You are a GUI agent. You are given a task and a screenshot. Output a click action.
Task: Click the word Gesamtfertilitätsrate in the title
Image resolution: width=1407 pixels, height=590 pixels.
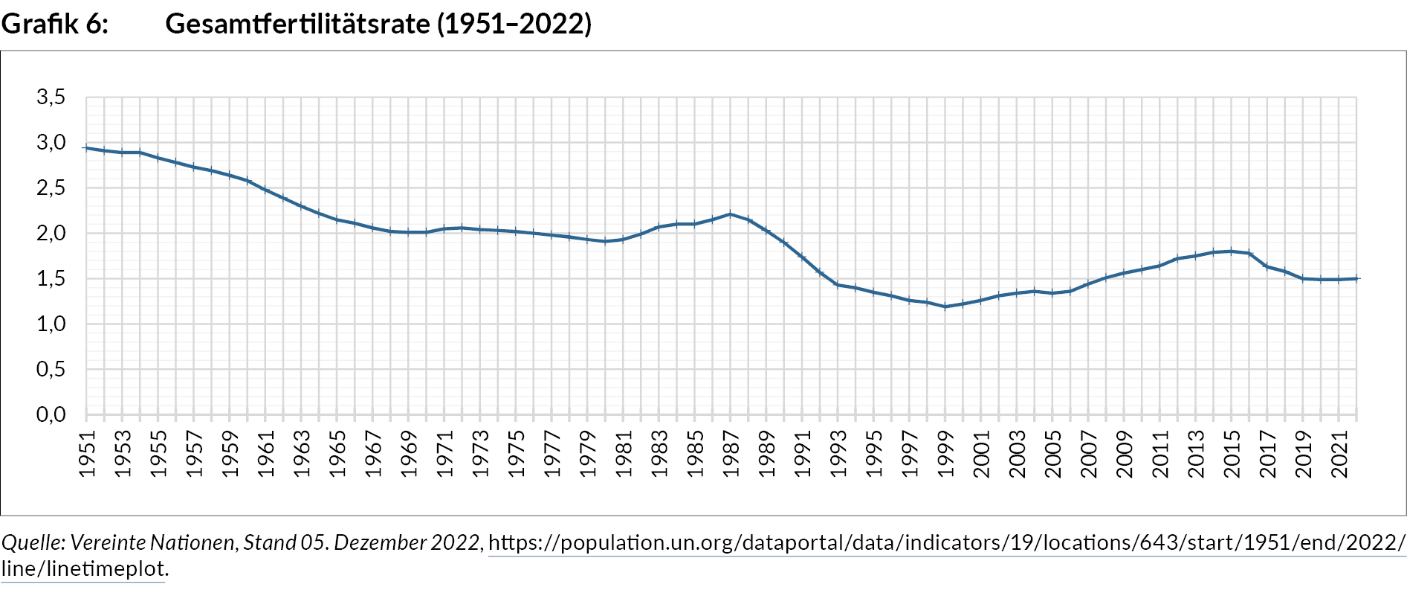pos(297,24)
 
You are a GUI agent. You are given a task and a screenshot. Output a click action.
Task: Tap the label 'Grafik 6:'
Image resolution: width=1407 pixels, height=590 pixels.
pos(54,24)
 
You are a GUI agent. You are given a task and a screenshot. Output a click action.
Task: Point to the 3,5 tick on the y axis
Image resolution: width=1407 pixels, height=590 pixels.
pos(51,97)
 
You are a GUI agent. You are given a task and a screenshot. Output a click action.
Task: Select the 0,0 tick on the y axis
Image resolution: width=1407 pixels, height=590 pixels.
pos(51,414)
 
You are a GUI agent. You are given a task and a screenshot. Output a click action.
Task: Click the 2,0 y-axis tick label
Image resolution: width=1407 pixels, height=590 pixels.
pos(51,233)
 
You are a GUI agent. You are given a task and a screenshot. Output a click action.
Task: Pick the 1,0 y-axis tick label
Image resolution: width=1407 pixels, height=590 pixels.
pos(51,324)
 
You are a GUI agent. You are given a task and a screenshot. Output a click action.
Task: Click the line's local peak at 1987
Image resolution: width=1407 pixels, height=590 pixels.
pos(731,214)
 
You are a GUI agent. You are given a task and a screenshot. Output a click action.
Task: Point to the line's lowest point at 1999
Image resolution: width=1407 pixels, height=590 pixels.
pos(945,307)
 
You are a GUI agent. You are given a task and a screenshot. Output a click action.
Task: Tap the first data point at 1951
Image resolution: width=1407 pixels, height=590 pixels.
pos(87,148)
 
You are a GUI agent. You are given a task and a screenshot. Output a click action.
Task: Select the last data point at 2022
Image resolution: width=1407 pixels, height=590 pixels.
pos(1356,278)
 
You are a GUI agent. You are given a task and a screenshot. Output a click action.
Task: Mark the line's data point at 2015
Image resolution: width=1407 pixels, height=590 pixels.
pos(1232,251)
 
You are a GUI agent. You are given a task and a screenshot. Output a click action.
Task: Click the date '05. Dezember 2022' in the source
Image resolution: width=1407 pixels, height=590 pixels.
pos(390,543)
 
